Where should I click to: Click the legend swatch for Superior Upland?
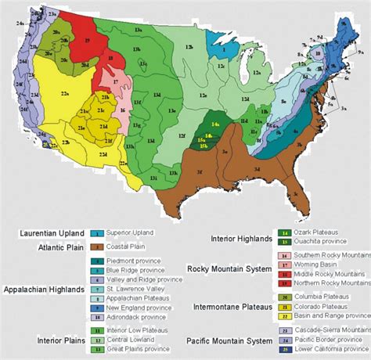(x=98, y=233)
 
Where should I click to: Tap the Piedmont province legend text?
(x=135, y=261)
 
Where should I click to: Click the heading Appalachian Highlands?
(x=42, y=289)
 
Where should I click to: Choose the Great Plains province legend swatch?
(x=98, y=350)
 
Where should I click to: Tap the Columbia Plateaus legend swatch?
(x=283, y=297)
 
